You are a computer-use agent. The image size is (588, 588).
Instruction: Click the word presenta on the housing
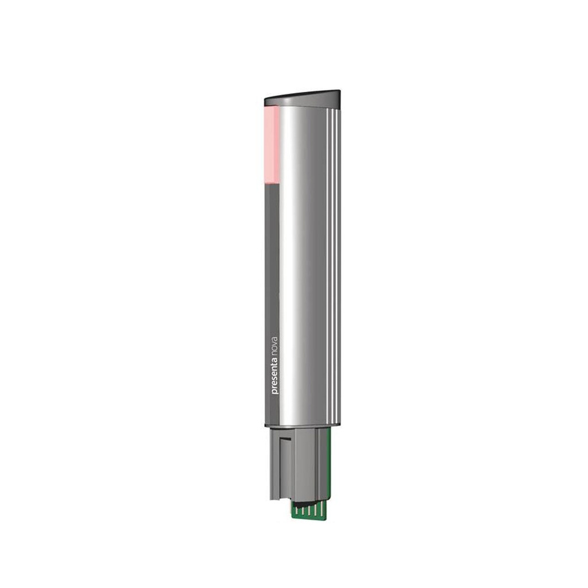click(274, 375)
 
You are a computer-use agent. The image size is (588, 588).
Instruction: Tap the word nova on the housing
click(274, 341)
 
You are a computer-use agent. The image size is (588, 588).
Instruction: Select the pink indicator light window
click(271, 144)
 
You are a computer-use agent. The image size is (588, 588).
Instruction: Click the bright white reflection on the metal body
click(292, 258)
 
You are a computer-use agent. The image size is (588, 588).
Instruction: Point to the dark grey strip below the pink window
click(272, 258)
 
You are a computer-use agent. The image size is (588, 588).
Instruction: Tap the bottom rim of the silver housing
click(303, 425)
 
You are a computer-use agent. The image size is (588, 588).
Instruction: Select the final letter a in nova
click(274, 333)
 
